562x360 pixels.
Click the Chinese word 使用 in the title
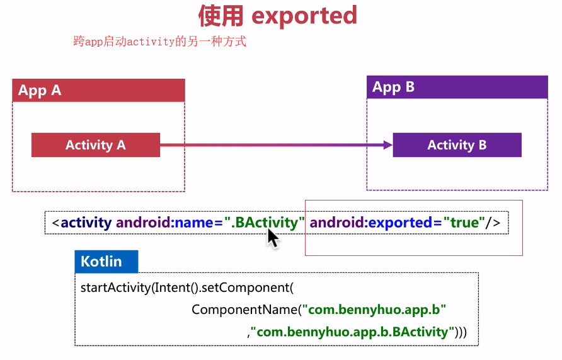221,15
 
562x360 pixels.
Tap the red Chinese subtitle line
159,42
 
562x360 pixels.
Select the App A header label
40,90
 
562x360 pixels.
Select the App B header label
393,87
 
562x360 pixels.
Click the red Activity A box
96,145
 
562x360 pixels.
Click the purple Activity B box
457,145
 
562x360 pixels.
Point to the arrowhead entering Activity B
387,145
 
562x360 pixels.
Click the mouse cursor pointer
272,238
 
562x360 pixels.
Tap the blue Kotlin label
101,261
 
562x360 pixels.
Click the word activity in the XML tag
86,223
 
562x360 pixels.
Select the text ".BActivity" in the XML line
265,223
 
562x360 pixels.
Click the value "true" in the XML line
464,223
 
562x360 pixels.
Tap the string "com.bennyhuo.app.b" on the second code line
374,310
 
